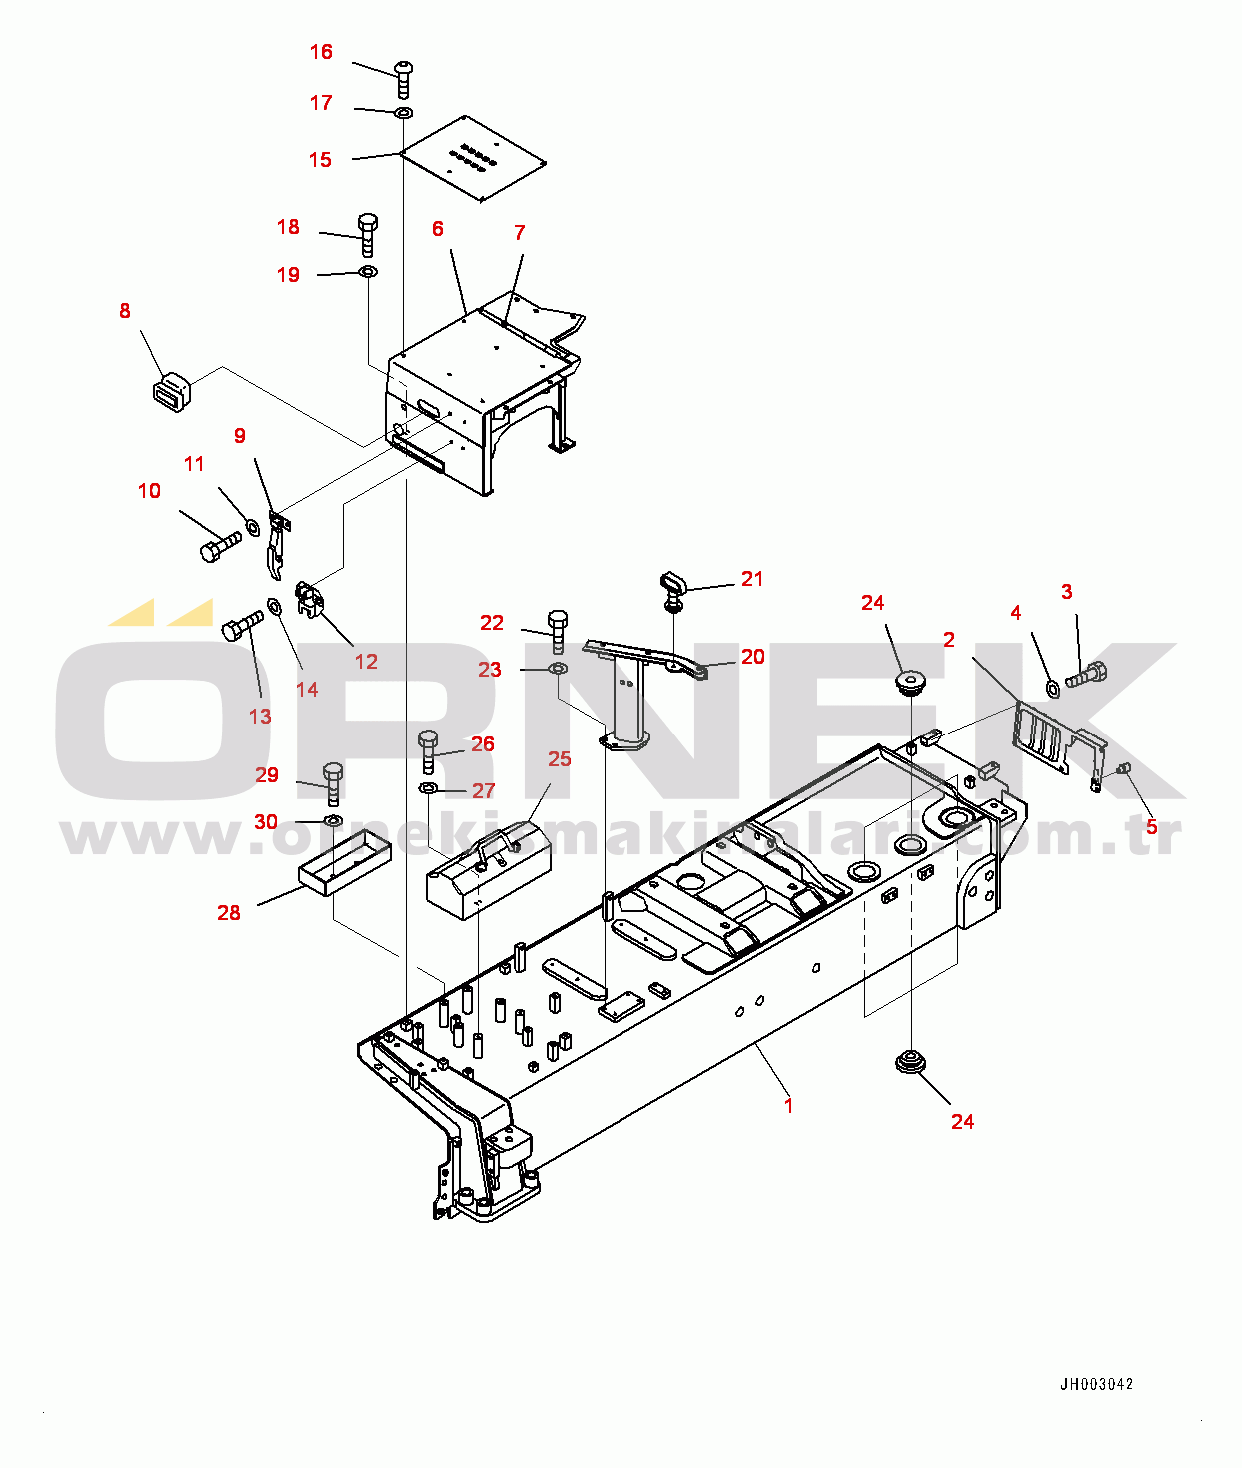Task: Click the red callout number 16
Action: point(321,52)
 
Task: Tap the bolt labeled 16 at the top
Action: point(404,79)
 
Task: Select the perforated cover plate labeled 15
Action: point(473,158)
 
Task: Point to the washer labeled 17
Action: point(404,112)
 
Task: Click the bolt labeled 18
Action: point(367,234)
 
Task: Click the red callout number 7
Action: point(520,232)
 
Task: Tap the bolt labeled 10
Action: point(220,547)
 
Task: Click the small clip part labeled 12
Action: point(311,600)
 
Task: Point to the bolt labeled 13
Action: point(242,625)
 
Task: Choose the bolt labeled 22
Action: point(558,632)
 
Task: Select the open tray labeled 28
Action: point(345,862)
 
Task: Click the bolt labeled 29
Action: point(333,784)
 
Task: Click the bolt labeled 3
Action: point(1086,674)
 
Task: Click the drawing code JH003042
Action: point(1096,1384)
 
